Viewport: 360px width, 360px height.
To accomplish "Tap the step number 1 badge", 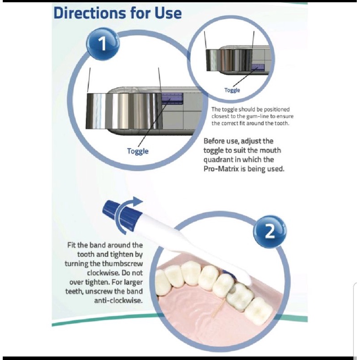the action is click(102, 44).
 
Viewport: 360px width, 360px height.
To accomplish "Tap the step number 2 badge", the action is click(270, 231).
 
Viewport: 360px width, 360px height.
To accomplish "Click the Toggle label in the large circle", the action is click(138, 151).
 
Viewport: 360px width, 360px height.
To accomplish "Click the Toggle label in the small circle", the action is click(232, 90).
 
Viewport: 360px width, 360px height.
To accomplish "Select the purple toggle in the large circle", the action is click(172, 98).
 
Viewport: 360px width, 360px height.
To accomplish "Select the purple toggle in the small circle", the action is click(258, 67).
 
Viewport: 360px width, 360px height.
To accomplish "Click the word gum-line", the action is click(258, 116).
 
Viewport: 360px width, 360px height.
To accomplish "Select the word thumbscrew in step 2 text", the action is click(123, 263).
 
